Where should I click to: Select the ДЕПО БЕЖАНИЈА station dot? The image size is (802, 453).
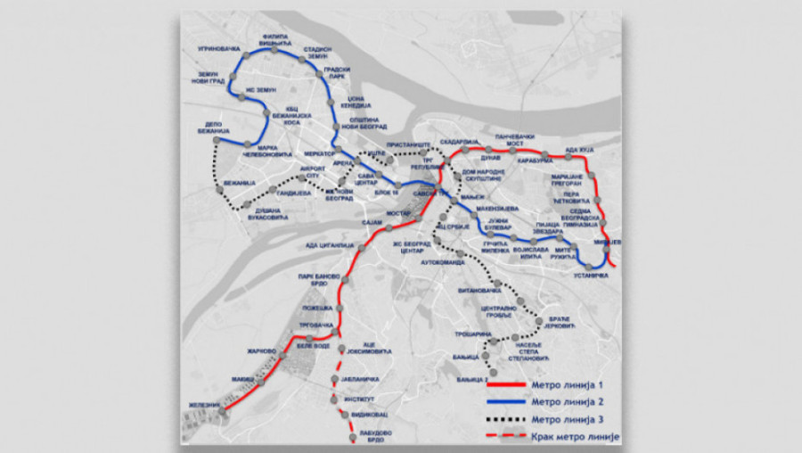click(217, 142)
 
